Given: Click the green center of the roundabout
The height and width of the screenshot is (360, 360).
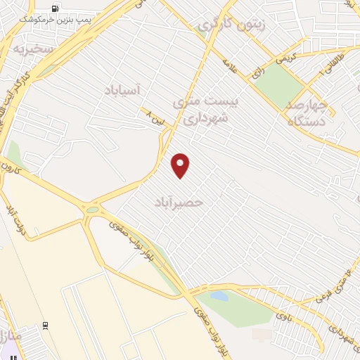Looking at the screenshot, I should [92, 208].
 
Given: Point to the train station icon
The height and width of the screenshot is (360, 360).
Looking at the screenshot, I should [46, 326].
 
